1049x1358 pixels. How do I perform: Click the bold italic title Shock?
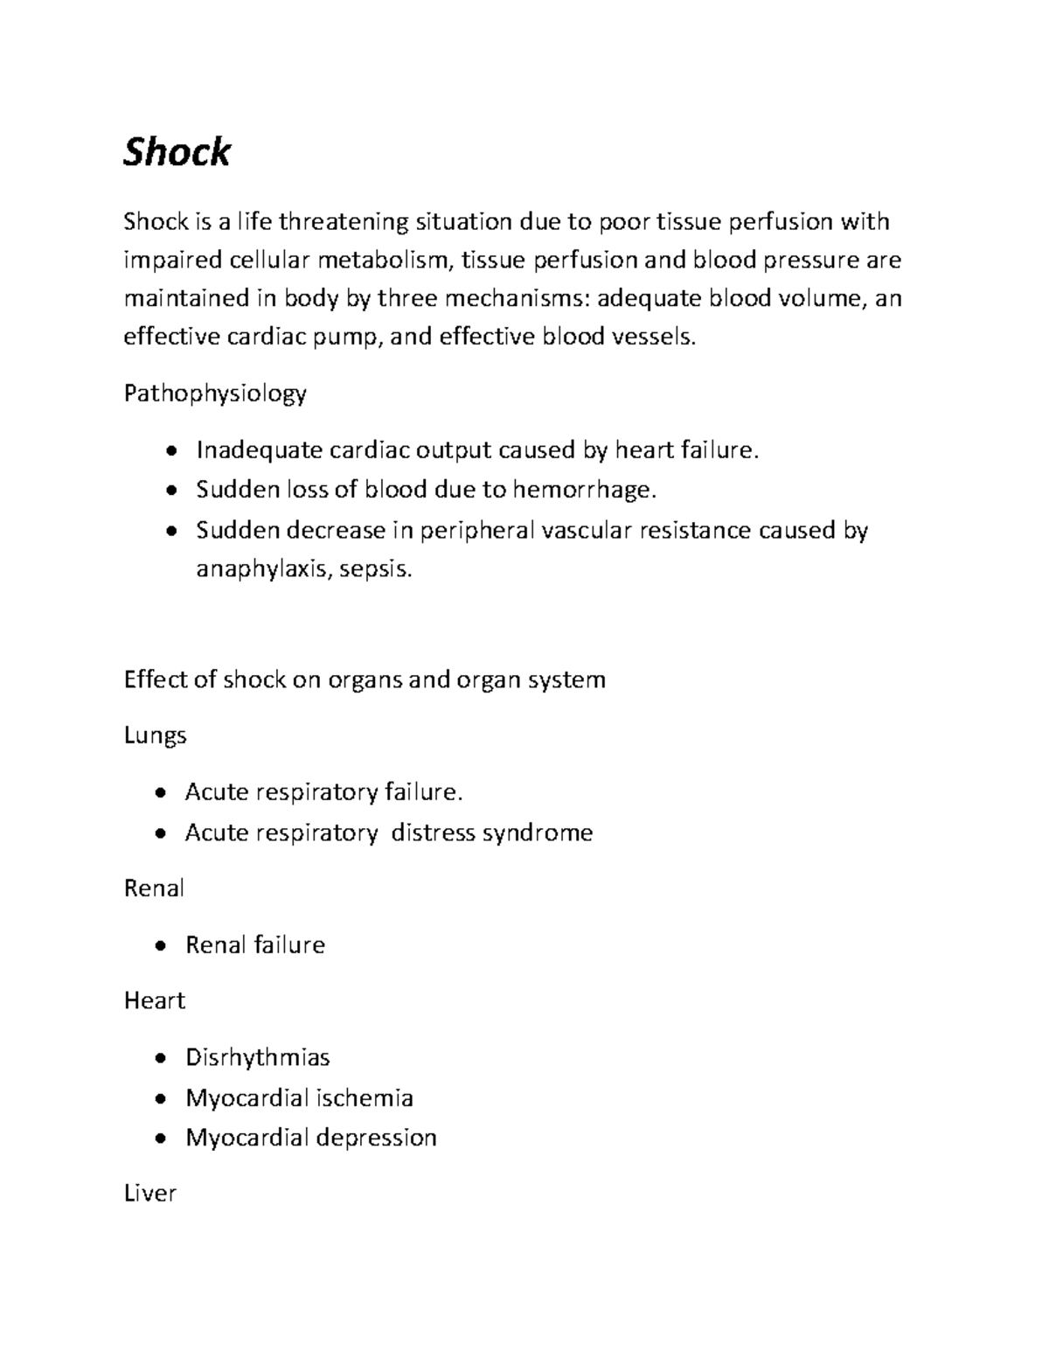click(177, 152)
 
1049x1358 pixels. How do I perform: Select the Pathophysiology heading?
click(215, 394)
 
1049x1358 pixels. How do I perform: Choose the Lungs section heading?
click(155, 735)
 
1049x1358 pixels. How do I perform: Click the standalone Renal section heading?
click(154, 888)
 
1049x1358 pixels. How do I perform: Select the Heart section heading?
click(155, 1000)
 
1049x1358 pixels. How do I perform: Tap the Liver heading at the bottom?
click(150, 1194)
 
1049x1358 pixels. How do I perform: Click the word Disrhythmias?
click(258, 1057)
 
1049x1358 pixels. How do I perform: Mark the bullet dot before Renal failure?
click(158, 945)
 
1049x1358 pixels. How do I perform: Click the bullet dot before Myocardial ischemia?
click(158, 1098)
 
